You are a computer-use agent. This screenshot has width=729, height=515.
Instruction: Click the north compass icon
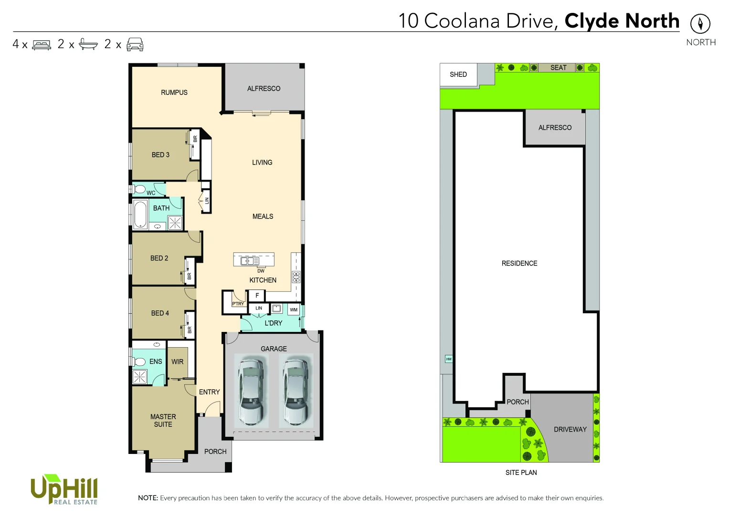pos(700,23)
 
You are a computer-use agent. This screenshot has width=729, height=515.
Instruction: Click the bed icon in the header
pos(42,45)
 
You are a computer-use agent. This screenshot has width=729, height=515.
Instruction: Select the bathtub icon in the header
pos(88,44)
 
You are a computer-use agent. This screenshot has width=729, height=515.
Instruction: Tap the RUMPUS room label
pos(174,93)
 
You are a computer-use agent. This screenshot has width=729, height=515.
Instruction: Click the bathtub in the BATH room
pos(140,215)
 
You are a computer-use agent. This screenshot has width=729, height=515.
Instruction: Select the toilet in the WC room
pos(139,189)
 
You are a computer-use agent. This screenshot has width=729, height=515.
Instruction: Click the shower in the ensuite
pos(139,377)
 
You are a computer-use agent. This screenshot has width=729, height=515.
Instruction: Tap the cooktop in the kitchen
pos(296,277)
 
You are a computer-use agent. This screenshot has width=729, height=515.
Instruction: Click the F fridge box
pos(257,296)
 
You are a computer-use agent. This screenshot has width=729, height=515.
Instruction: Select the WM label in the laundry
pos(294,310)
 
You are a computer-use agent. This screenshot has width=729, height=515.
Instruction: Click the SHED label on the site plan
pos(458,74)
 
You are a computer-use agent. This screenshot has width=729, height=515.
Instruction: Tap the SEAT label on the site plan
pos(558,68)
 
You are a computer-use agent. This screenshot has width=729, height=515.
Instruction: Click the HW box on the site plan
pos(449,359)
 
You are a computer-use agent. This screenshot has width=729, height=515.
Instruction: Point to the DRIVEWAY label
pos(570,430)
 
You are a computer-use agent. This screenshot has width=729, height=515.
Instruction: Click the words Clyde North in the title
pos(622,21)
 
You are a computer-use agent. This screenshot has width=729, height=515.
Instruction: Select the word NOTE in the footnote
pos(148,498)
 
